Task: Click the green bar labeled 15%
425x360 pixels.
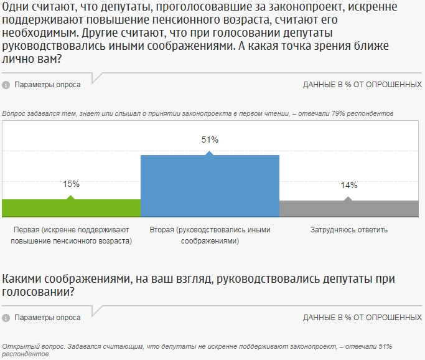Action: click(x=72, y=208)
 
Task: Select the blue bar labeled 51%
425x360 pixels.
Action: click(x=210, y=186)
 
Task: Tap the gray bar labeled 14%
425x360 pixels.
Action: click(x=348, y=209)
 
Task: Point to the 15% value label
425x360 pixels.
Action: click(x=71, y=184)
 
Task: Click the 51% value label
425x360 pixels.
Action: click(x=210, y=140)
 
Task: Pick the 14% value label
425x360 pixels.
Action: click(x=348, y=186)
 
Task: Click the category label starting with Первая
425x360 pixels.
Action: click(x=72, y=235)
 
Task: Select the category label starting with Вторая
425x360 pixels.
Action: click(x=210, y=235)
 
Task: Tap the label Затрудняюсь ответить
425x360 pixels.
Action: click(x=348, y=230)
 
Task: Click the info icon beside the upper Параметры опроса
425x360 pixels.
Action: click(x=6, y=85)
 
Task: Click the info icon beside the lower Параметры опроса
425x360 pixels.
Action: click(x=6, y=318)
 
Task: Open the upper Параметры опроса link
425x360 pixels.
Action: click(x=47, y=85)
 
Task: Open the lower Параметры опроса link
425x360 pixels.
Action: click(x=47, y=318)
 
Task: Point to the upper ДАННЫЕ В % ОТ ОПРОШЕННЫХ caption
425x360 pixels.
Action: click(x=362, y=85)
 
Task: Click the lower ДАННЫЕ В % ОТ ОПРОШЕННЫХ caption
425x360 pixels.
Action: click(x=362, y=318)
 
